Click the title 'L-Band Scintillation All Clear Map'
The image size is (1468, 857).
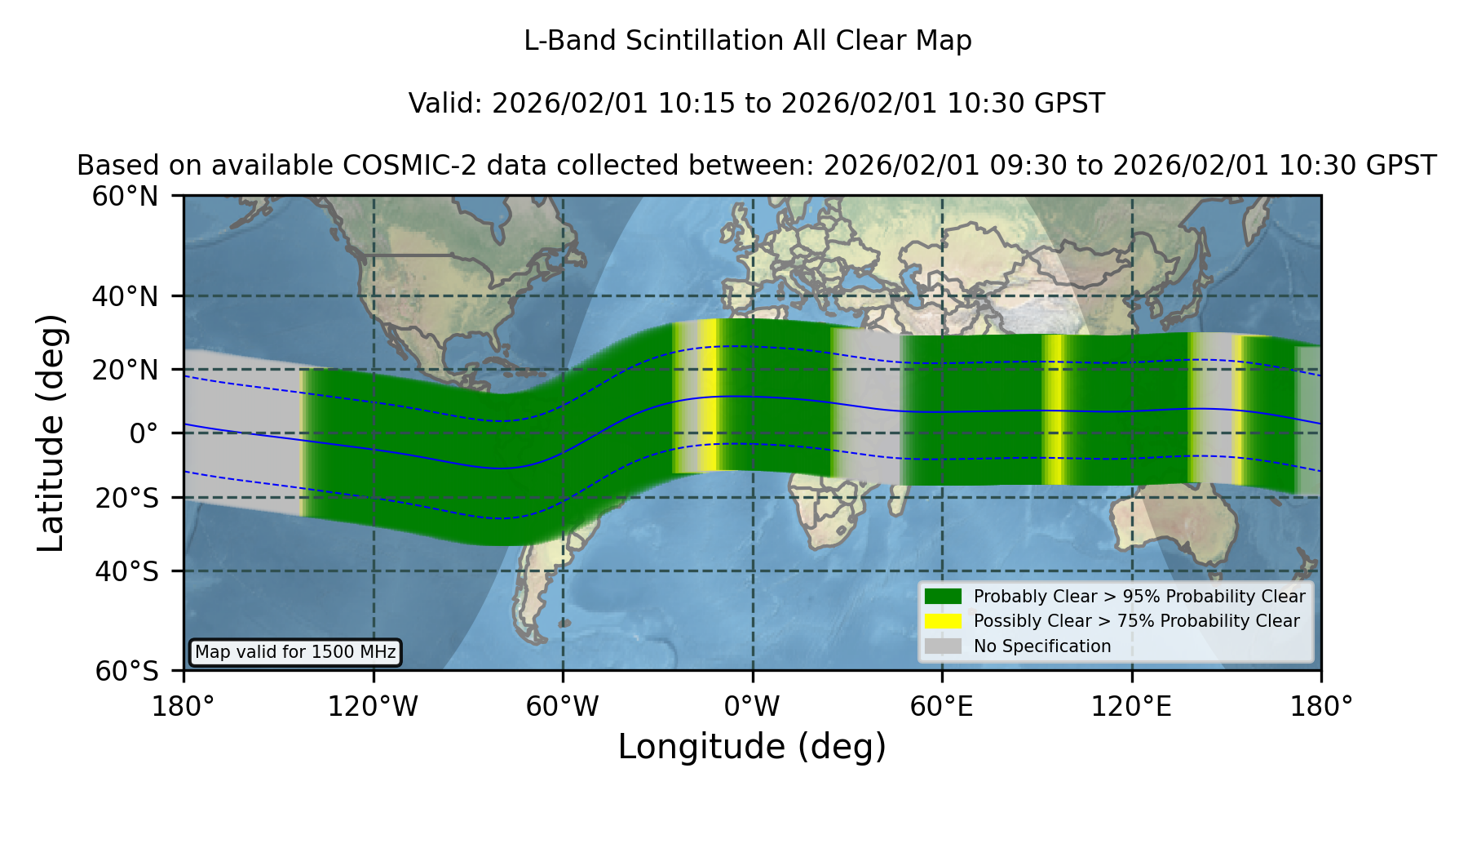point(747,41)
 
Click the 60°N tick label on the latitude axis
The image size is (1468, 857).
point(126,196)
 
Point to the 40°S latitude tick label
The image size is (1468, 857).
point(126,571)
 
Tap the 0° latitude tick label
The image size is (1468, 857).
point(144,433)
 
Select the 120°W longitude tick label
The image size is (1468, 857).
point(373,706)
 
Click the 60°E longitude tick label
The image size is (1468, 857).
point(942,706)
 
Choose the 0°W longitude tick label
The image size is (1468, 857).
point(753,706)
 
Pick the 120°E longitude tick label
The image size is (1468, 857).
point(1131,706)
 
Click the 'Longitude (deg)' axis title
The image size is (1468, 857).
point(752,747)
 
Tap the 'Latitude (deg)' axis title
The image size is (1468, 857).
point(51,433)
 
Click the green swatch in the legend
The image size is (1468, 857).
point(943,596)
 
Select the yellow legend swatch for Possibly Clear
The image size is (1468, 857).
point(943,620)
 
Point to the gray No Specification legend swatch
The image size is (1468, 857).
point(943,646)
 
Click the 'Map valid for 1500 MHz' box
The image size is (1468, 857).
point(295,652)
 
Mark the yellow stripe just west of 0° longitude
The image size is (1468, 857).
point(709,395)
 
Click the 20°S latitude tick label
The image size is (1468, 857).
point(126,497)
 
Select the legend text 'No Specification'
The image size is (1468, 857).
point(1042,646)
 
